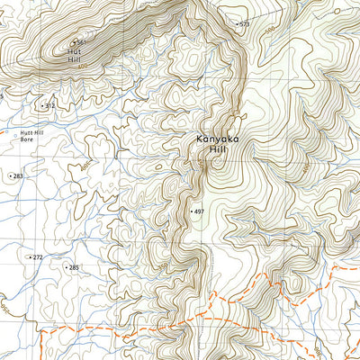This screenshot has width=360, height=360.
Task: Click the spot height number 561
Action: tap(82, 43)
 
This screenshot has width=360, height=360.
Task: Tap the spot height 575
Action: tap(243, 24)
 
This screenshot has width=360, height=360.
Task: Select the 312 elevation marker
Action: tap(50, 106)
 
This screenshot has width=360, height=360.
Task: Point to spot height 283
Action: tap(18, 176)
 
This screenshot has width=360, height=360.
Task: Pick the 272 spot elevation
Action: tap(37, 257)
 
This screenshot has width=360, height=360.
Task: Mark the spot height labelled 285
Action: tap(74, 267)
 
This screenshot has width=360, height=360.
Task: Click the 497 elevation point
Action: tap(199, 211)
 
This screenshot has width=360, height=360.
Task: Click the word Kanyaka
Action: tap(218, 139)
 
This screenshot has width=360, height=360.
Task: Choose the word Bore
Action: tap(26, 140)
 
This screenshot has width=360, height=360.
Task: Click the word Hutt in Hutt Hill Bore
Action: tap(26, 133)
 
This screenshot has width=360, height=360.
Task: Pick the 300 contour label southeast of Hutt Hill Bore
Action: tap(85, 166)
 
